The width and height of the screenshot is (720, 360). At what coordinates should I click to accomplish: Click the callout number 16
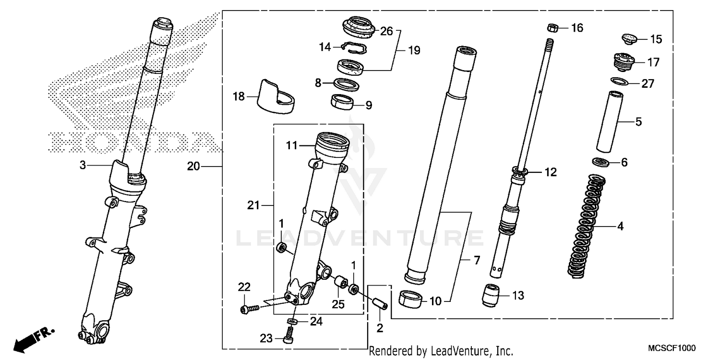pos(576,28)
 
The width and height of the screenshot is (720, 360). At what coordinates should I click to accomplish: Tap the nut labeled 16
pos(552,28)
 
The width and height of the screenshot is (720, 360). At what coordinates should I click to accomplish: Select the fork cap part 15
pos(628,38)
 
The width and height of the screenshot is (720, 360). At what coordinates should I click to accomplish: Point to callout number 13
pos(517,295)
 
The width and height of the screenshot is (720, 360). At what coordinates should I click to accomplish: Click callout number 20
pos(193,167)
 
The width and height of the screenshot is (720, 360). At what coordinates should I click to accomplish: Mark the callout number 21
pos(253,205)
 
